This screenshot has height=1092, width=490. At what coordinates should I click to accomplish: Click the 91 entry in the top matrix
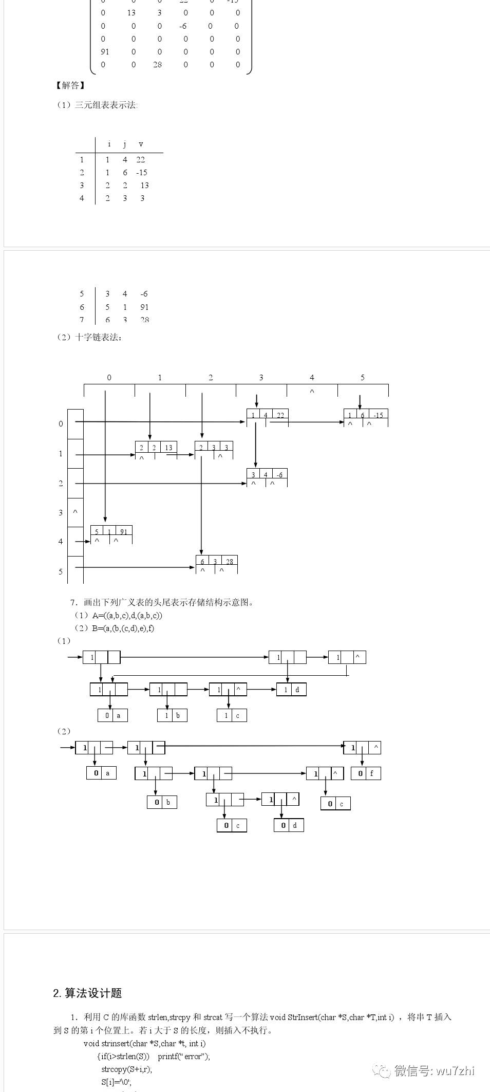pos(105,51)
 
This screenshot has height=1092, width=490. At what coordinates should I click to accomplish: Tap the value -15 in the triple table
pos(142,173)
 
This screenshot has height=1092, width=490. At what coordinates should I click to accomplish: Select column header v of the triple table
pos(141,144)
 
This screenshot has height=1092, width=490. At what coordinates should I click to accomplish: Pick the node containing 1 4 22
pos(267,415)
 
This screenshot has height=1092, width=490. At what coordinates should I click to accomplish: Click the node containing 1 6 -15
pos(365,415)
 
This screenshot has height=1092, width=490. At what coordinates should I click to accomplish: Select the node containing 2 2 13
pos(156,448)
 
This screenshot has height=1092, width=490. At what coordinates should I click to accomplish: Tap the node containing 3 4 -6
pos(267,475)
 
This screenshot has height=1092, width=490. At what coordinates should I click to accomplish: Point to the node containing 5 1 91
pos(111,532)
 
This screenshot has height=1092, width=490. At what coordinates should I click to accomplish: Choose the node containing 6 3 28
pos(216,562)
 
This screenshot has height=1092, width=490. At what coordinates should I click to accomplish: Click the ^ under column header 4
pos(312,392)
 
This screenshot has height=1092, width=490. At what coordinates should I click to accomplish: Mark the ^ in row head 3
pos(75,512)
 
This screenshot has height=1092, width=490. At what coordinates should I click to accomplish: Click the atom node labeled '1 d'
pos(291,690)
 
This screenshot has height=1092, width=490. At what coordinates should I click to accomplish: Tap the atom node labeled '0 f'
pos(366,773)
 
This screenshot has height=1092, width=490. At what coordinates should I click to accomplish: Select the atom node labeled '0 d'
pos(289,825)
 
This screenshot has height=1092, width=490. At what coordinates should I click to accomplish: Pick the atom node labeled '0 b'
pos(162,802)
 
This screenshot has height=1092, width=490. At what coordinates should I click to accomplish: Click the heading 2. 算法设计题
pos(87,993)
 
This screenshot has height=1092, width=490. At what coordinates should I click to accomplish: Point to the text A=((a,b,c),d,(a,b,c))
pos(127,615)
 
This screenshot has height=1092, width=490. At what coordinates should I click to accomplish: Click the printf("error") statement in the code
pos(184,1056)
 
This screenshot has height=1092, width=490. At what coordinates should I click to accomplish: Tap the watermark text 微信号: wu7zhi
pos(434,1070)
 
